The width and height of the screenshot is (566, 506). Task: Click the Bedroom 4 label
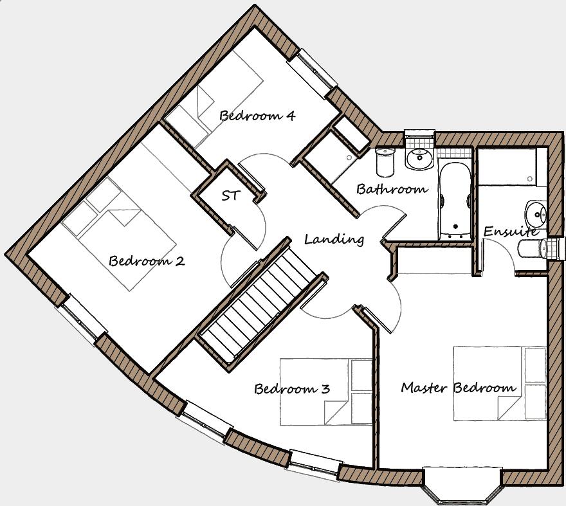click(x=257, y=116)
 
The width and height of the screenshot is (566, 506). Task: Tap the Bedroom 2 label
click(x=147, y=261)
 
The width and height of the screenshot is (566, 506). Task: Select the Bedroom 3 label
click(x=292, y=389)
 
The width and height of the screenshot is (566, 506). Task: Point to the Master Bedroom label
click(x=458, y=388)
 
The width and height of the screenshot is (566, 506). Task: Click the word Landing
click(x=334, y=239)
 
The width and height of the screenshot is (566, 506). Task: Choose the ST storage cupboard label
click(x=230, y=195)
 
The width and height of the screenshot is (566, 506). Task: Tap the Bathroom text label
click(x=392, y=189)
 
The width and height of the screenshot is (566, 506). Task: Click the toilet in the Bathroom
click(x=385, y=162)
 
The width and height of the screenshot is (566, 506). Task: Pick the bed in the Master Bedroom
click(x=499, y=384)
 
